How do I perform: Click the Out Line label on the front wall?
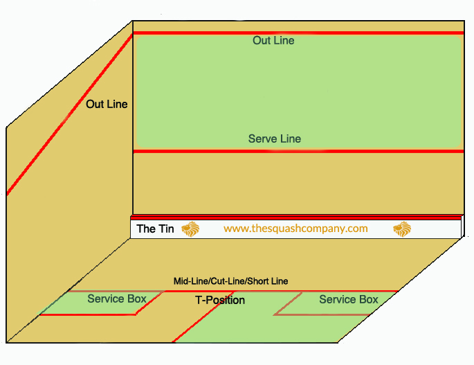click(x=273, y=41)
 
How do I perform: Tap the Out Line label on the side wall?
click(x=107, y=105)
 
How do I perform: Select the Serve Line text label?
click(x=275, y=139)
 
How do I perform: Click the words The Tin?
click(x=155, y=229)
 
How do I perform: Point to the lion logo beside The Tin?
click(x=191, y=229)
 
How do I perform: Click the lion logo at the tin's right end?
click(x=402, y=229)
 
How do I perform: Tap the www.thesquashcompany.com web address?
click(x=295, y=228)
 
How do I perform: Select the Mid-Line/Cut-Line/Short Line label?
click(x=230, y=281)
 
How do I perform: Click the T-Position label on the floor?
click(x=220, y=301)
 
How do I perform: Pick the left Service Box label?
click(x=117, y=299)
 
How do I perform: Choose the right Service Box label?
click(x=349, y=300)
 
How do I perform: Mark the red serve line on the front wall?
click(x=298, y=151)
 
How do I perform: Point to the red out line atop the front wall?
click(x=298, y=33)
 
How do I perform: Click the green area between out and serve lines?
click(x=298, y=90)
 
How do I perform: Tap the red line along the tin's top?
click(x=298, y=216)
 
